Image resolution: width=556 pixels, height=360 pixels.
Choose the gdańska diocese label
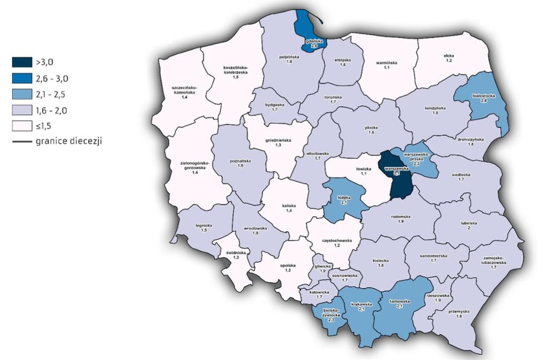point(314,40)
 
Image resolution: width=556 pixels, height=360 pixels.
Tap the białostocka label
point(483,97)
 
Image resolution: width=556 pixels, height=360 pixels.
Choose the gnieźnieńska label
point(279,141)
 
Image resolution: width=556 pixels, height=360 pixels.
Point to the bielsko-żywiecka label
point(331,315)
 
